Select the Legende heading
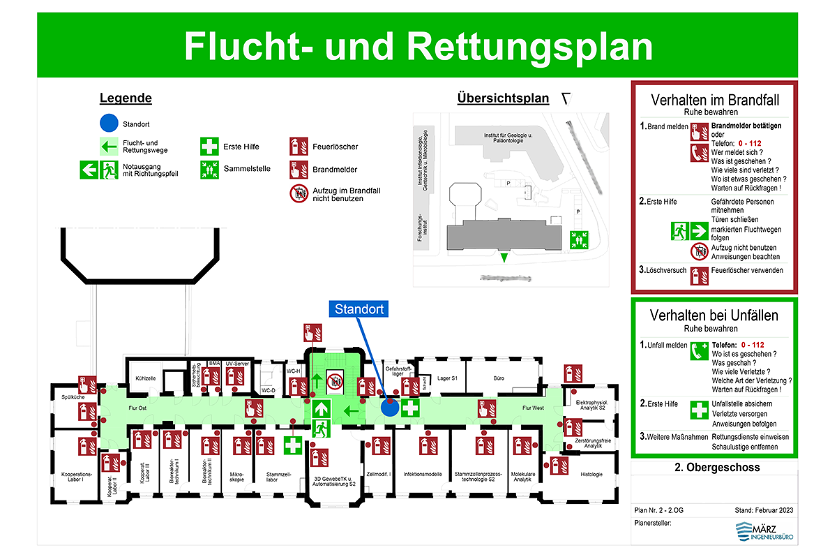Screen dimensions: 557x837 pyautogui.click(x=126, y=98)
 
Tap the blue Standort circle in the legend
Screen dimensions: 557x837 pyautogui.click(x=108, y=124)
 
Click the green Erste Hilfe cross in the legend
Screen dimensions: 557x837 pyautogui.click(x=209, y=147)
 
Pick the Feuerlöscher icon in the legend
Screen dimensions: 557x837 pyautogui.click(x=299, y=147)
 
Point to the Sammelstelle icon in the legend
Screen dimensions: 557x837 pyautogui.click(x=209, y=168)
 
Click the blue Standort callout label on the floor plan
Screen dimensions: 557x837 pyautogui.click(x=359, y=309)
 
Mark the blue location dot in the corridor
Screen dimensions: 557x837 pyautogui.click(x=390, y=408)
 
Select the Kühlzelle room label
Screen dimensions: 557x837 pyautogui.click(x=145, y=378)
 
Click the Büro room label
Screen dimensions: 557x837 pyautogui.click(x=499, y=378)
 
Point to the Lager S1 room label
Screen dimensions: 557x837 pyautogui.click(x=446, y=378)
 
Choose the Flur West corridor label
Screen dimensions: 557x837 pyautogui.click(x=534, y=408)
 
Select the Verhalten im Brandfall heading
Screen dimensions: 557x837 pyautogui.click(x=714, y=100)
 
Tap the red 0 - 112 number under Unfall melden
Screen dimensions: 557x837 pyautogui.click(x=753, y=345)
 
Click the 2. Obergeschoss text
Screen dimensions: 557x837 pyautogui.click(x=714, y=467)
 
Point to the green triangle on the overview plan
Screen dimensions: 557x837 pyautogui.click(x=504, y=259)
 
